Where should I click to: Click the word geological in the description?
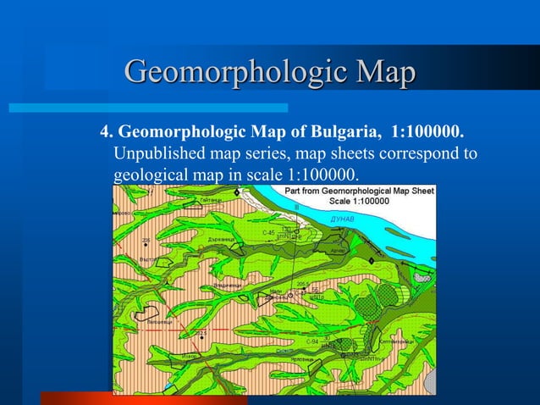tap(147, 175)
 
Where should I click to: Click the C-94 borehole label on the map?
tap(312, 341)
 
